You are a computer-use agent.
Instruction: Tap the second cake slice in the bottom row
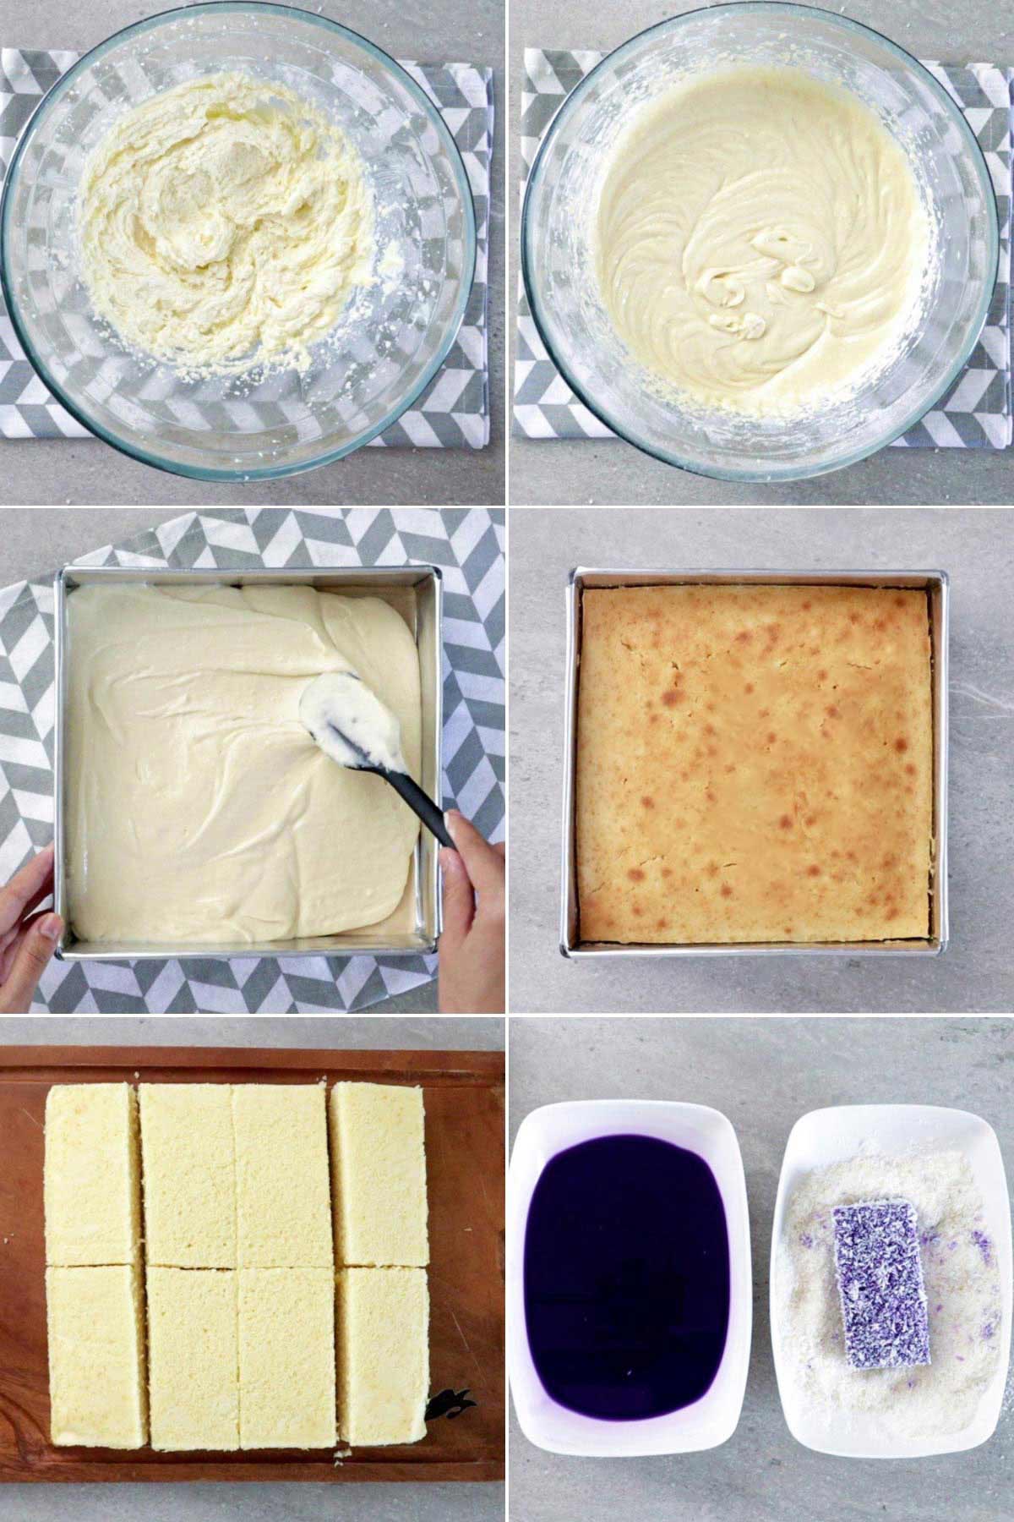click(x=192, y=1357)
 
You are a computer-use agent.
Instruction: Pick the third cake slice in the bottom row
click(x=287, y=1357)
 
